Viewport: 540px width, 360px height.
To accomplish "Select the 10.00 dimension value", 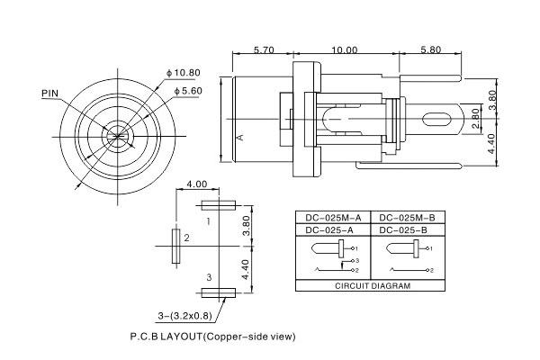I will tap(344, 50).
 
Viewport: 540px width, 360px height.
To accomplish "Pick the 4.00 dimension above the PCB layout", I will tap(196, 184).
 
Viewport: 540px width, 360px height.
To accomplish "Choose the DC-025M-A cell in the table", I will tap(333, 218).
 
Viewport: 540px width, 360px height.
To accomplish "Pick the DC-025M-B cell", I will tap(408, 218).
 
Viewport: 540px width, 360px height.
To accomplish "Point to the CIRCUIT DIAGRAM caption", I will tap(372, 285).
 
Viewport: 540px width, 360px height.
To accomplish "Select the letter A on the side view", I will tap(239, 137).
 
